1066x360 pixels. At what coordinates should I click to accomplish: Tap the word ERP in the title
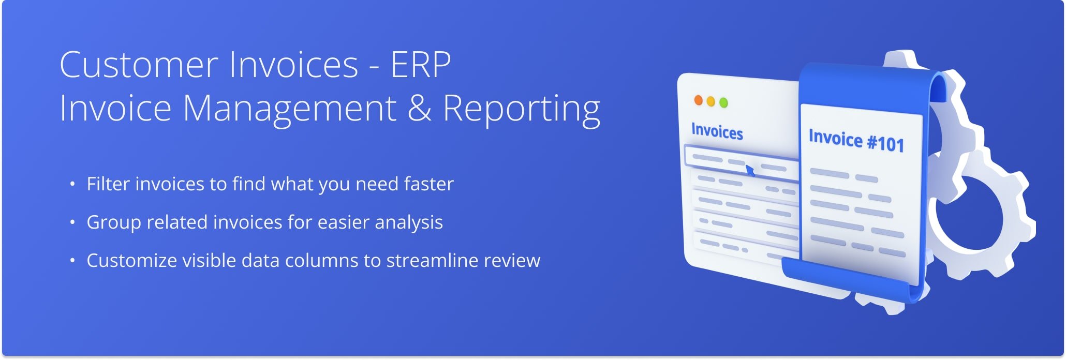[420, 65]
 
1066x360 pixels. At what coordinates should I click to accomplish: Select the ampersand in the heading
[419, 108]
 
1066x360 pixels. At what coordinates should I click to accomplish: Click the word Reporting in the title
[521, 109]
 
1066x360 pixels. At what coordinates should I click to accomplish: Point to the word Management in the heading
[289, 109]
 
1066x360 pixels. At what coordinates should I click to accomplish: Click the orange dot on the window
[698, 100]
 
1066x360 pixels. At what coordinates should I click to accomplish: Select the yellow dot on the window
[711, 102]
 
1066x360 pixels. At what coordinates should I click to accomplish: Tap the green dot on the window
[723, 103]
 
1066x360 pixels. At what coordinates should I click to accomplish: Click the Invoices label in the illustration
[717, 131]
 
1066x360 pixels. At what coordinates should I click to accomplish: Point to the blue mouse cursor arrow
[750, 170]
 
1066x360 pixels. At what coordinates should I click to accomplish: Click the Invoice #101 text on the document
[856, 140]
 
